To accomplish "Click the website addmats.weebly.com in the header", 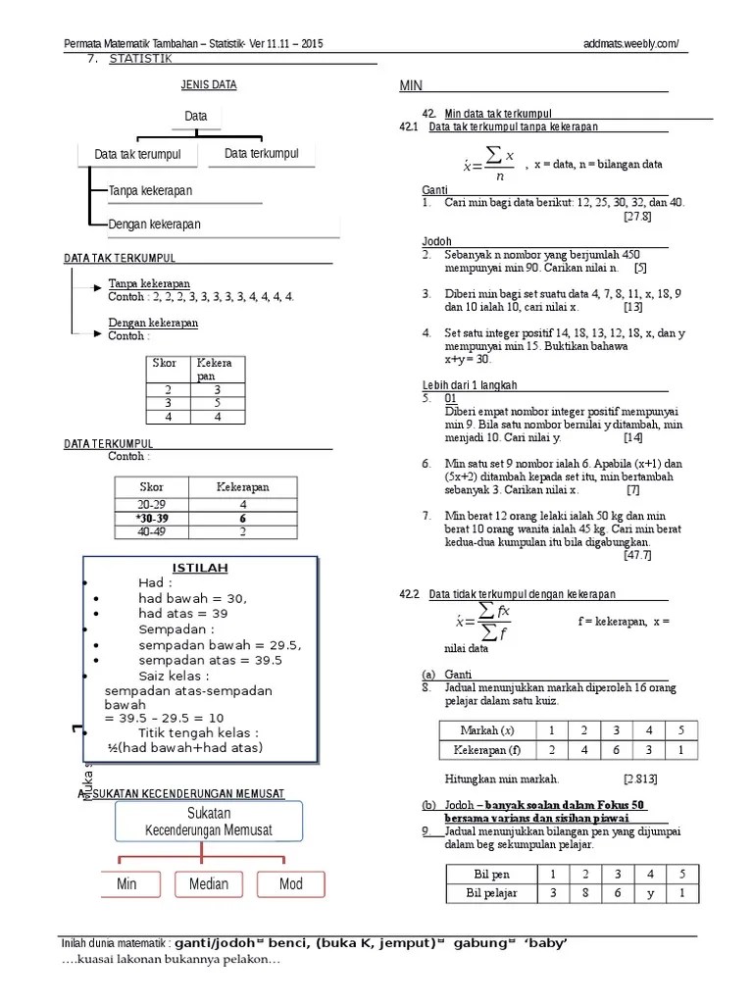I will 628,44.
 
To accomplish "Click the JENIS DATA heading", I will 209,85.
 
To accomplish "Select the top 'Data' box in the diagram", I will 196,117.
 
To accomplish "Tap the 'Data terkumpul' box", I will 261,154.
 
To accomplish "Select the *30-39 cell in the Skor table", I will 152,519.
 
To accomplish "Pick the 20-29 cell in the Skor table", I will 152,504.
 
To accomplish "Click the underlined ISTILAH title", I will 200,569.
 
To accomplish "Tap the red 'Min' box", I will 126,884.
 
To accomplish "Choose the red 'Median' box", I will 208,884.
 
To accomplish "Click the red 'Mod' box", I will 290,884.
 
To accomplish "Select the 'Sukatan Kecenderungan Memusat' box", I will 209,823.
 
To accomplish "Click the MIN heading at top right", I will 410,87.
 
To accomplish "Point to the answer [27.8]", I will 637,216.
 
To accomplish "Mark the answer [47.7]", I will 637,555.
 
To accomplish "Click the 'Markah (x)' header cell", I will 486,730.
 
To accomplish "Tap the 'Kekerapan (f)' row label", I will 486,750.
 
